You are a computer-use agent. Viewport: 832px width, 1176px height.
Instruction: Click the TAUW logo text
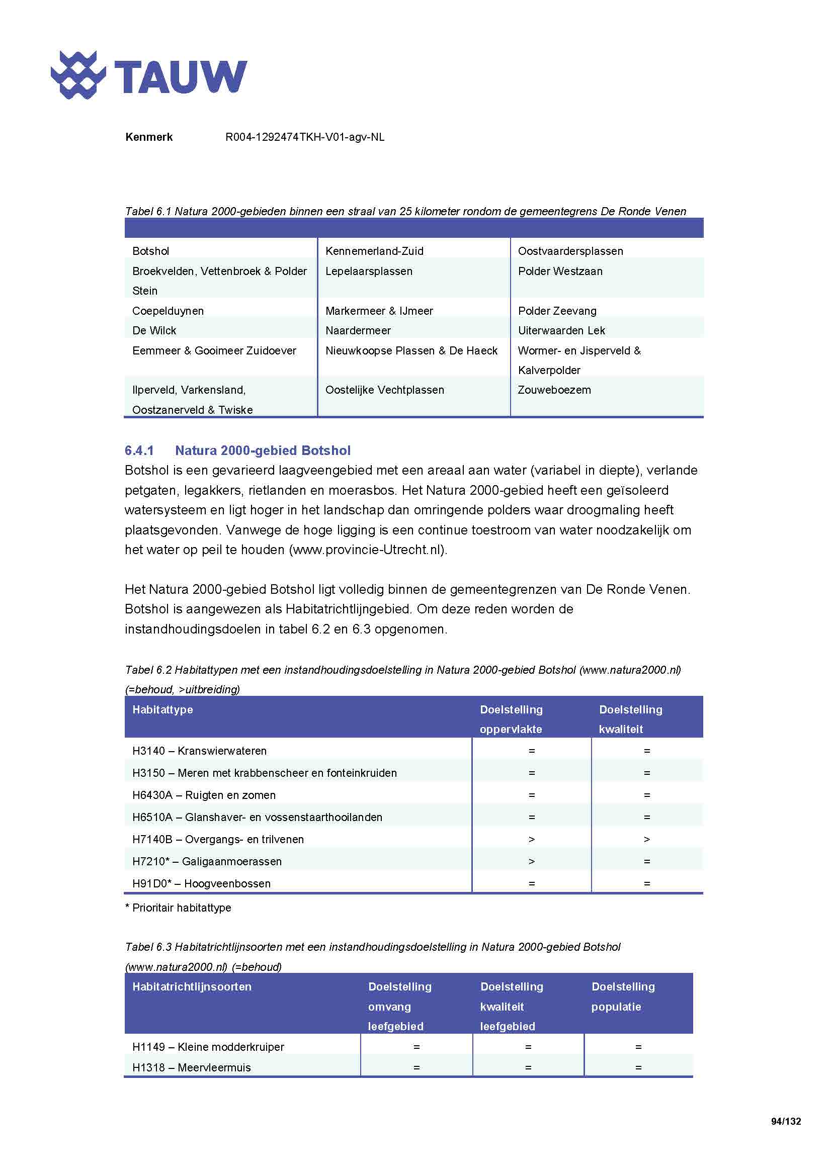coord(181,77)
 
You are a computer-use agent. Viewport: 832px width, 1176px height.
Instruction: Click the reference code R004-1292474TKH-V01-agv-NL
coord(304,137)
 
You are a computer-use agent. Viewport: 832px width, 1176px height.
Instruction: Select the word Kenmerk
coord(148,137)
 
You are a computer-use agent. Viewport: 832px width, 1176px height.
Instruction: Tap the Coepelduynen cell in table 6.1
coord(168,311)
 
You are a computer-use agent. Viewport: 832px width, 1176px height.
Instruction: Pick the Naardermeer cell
coord(358,331)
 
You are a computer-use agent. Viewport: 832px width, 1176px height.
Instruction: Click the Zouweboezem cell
coord(554,390)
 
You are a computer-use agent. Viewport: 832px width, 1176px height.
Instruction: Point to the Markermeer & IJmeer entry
coord(379,311)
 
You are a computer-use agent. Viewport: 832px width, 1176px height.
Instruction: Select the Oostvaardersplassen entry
coord(570,251)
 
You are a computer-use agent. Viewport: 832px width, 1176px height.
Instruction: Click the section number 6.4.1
coord(139,450)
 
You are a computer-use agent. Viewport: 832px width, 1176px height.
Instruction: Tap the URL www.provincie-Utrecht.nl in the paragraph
coord(367,550)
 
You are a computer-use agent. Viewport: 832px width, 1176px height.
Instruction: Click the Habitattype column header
coord(162,710)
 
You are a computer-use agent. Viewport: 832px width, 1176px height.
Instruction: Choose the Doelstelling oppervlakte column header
coord(511,719)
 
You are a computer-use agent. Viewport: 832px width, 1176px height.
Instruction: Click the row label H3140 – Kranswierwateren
coord(199,751)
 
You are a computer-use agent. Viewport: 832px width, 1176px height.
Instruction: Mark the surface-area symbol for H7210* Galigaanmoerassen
coord(531,862)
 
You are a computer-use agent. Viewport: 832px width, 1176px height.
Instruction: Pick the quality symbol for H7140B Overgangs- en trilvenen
coord(646,840)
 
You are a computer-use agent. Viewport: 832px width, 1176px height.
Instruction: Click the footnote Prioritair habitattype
coord(178,908)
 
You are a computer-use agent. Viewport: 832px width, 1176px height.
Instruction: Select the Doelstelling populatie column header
coord(622,996)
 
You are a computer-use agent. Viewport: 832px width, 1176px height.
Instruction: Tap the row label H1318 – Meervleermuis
coord(191,1068)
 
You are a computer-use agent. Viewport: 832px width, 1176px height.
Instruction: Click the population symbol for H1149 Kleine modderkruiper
coord(638,1047)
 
